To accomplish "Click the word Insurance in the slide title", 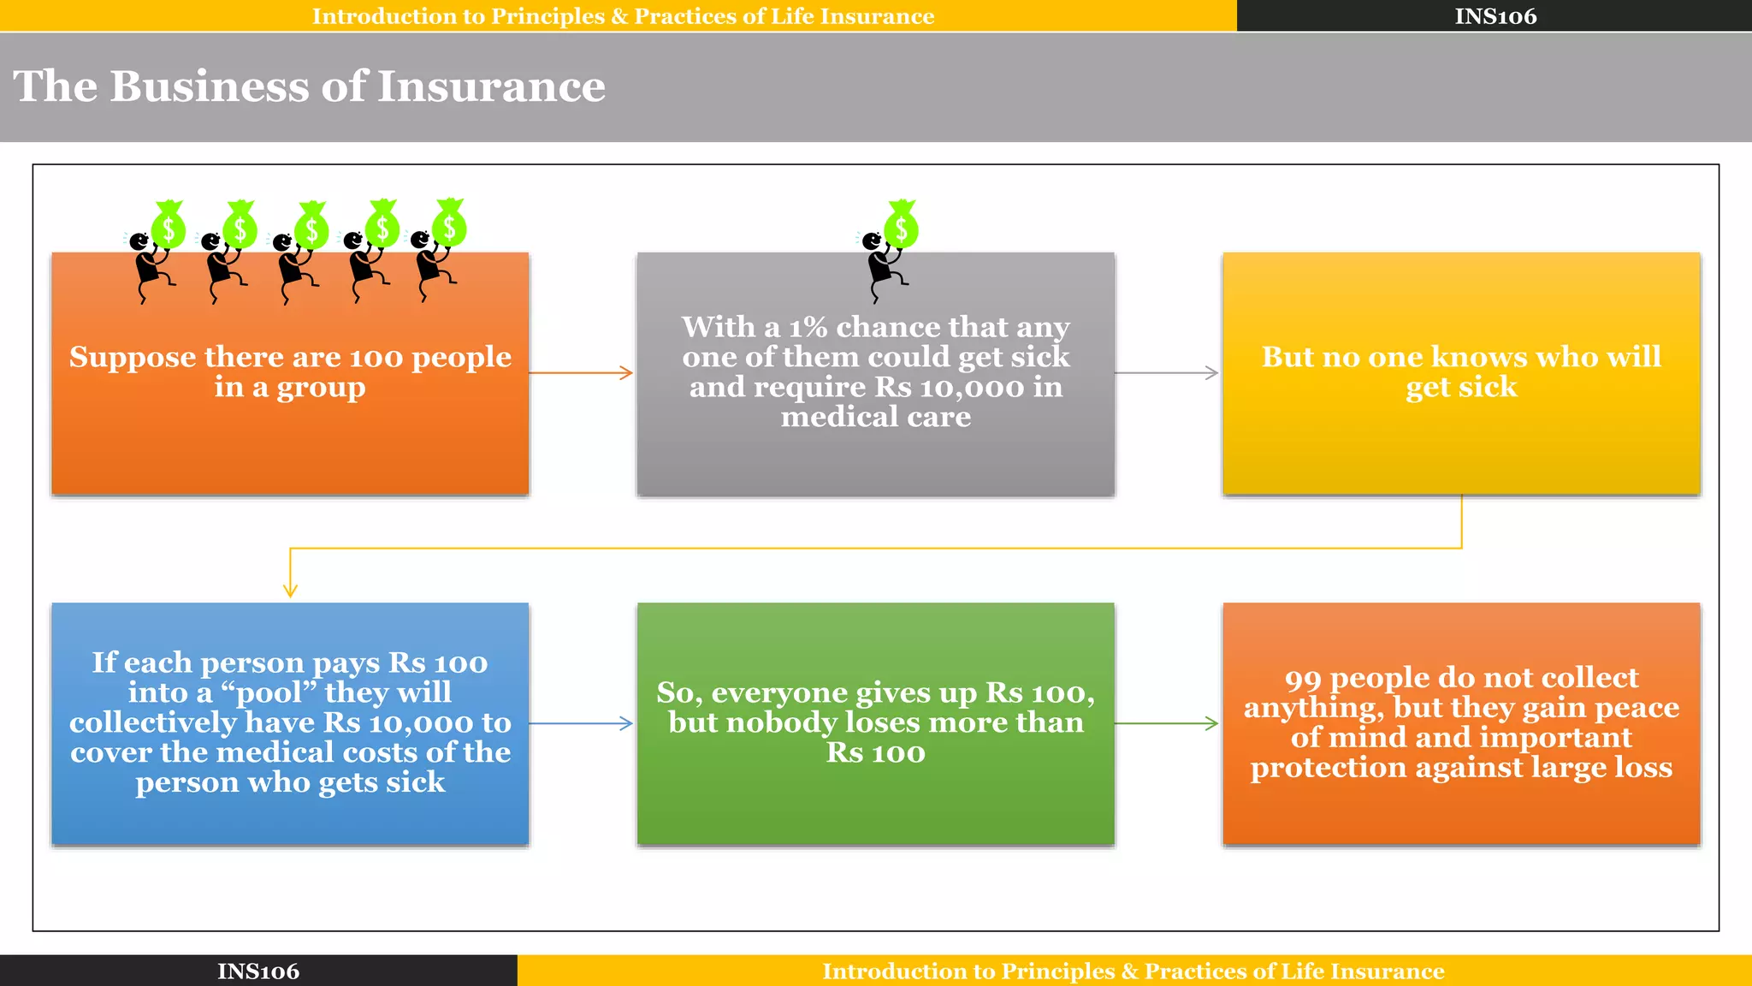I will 491,86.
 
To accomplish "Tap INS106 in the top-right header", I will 1495,16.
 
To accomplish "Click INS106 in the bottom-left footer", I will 257,971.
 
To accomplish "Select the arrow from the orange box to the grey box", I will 582,372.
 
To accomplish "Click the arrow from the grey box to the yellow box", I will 1167,372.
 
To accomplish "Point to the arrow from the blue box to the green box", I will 582,723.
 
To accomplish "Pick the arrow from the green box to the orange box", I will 1167,723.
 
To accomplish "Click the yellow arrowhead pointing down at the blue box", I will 290,590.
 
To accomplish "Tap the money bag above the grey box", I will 901,226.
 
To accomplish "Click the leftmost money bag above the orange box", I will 169,226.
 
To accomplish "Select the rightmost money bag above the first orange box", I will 449,224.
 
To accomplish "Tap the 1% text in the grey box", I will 808,327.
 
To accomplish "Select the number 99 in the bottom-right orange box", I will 1303,679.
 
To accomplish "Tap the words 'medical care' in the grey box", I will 875,417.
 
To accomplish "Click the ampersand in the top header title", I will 619,16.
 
